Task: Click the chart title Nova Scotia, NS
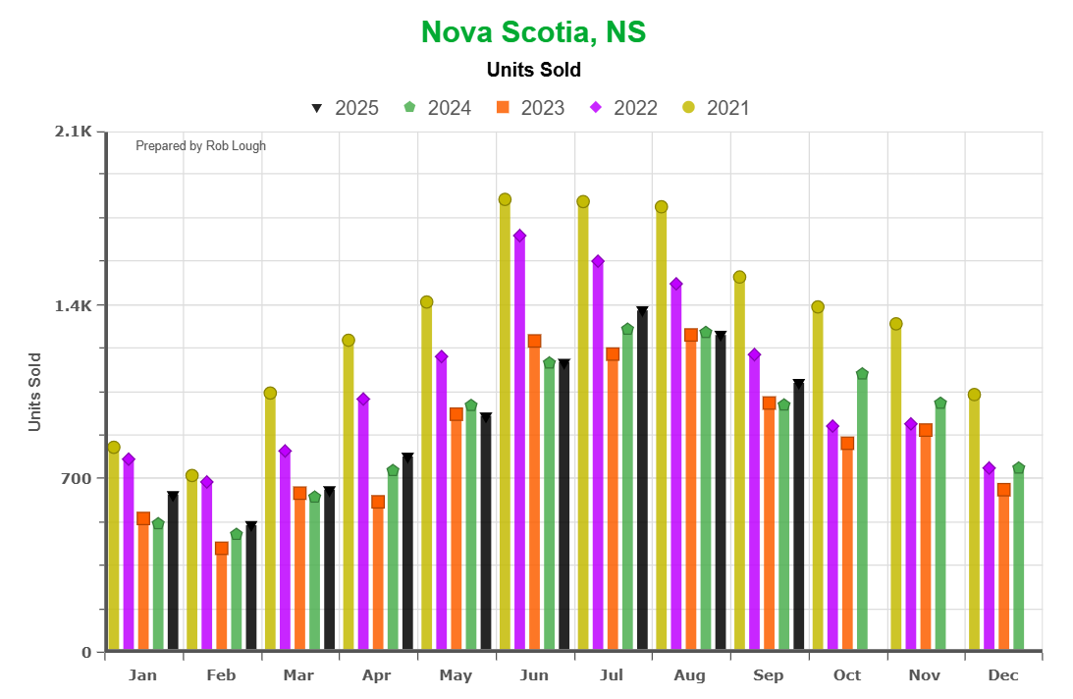[x=533, y=32]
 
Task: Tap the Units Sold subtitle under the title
[x=533, y=70]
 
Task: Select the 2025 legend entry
[x=345, y=108]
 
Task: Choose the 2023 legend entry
[x=531, y=108]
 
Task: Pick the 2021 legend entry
[x=716, y=108]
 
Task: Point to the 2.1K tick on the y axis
[x=73, y=132]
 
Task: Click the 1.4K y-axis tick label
[x=73, y=305]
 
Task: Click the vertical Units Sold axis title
[x=35, y=392]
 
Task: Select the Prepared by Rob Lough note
[x=200, y=146]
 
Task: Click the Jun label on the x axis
[x=534, y=675]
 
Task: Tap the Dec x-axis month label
[x=1003, y=675]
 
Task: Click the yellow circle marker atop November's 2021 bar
[x=895, y=324]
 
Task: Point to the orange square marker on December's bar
[x=1003, y=490]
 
